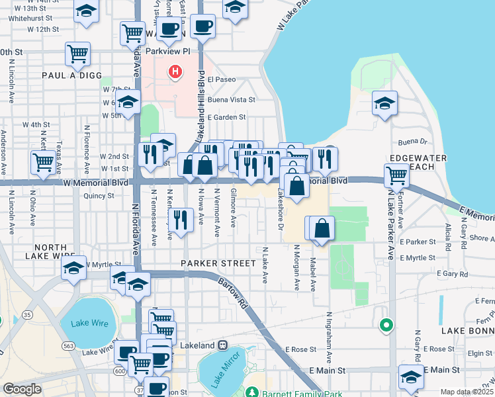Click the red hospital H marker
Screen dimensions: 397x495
[175, 71]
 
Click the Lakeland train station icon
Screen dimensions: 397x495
[224, 346]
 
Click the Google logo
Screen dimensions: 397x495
[22, 389]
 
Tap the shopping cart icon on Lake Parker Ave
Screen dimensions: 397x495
[396, 176]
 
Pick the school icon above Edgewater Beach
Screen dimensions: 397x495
[384, 103]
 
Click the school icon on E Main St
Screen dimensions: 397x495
[411, 376]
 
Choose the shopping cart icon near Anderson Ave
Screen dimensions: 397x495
[43, 161]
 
